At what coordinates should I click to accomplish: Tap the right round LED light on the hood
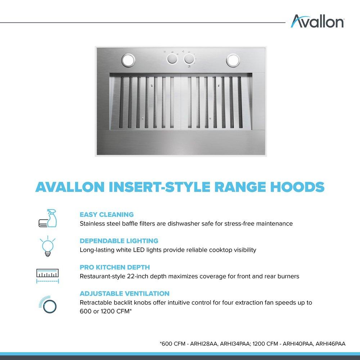tap(233, 59)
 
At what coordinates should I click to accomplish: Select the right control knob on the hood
tap(189, 59)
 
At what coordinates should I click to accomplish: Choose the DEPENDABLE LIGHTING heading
tap(119, 240)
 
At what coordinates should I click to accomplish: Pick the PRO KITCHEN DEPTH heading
tap(114, 267)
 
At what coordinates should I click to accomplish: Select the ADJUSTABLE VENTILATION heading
tap(125, 293)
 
